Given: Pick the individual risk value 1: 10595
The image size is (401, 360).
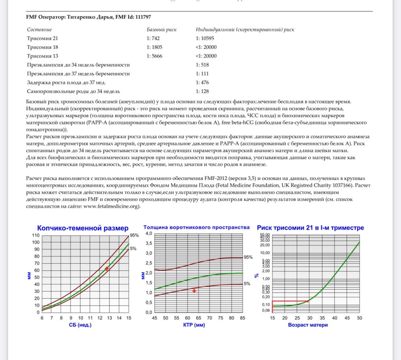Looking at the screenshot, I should tap(206, 38).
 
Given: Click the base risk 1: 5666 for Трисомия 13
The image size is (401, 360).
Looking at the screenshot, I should tap(155, 56).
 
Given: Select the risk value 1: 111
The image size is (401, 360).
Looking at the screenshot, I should tap(203, 73).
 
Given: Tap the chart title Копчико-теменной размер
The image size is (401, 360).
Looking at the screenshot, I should tap(83, 228).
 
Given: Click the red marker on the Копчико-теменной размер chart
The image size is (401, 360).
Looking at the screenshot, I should tap(106, 268).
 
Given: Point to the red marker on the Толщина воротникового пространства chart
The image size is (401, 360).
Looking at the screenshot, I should tap(194, 290).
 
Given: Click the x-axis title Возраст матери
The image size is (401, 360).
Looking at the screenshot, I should tap(308, 325).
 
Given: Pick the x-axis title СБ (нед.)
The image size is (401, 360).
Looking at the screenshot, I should tap(80, 325).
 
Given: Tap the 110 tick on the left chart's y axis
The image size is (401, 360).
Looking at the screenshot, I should tap(36, 235).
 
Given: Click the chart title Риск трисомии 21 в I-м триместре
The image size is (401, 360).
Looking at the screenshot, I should tap(310, 228).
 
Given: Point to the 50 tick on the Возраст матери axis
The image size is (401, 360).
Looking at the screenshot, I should tap(360, 318).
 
